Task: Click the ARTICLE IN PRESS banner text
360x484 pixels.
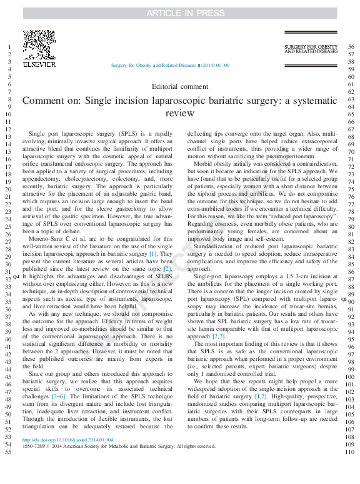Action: [x=179, y=13]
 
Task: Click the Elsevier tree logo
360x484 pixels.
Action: [x=39, y=43]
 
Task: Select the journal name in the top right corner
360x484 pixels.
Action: [x=310, y=49]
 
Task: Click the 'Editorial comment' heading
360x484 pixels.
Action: [x=180, y=86]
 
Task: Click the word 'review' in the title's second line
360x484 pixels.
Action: [x=180, y=113]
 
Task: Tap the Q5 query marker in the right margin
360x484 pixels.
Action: [x=343, y=300]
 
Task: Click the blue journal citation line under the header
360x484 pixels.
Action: [x=170, y=65]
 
